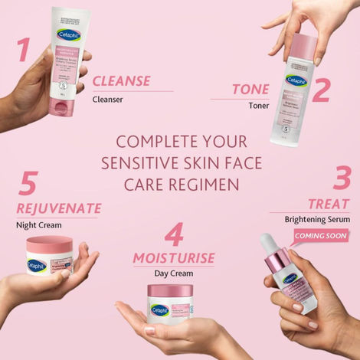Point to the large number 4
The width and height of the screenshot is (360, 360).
[x=175, y=233]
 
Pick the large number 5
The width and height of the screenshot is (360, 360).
[x=29, y=184]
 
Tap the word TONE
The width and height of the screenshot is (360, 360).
[x=250, y=90]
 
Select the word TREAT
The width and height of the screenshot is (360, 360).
[x=329, y=204]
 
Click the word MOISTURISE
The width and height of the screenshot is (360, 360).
[x=174, y=257]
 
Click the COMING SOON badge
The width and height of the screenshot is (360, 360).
[x=321, y=236]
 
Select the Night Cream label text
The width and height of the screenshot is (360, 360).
[x=38, y=225]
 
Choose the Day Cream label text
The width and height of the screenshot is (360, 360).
[x=174, y=273]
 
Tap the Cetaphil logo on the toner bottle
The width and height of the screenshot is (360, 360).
[x=295, y=79]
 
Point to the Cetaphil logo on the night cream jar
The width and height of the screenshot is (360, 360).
[x=37, y=265]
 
